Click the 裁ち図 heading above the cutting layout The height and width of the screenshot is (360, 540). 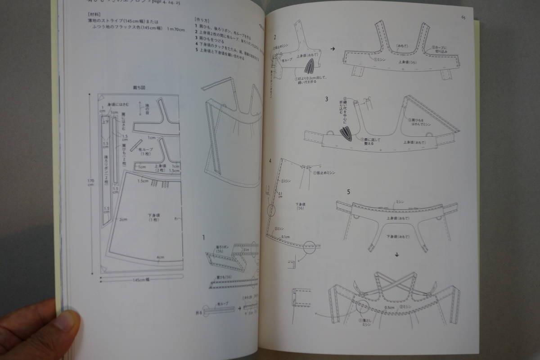[138, 89]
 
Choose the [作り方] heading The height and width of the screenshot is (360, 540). [202, 20]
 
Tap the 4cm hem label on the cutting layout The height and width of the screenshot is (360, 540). [160, 258]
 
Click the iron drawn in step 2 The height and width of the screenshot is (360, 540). [310, 67]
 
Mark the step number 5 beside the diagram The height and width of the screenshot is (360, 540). [349, 192]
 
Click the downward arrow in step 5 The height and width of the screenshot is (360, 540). [397, 255]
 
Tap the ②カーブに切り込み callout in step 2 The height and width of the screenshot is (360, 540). [441, 49]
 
